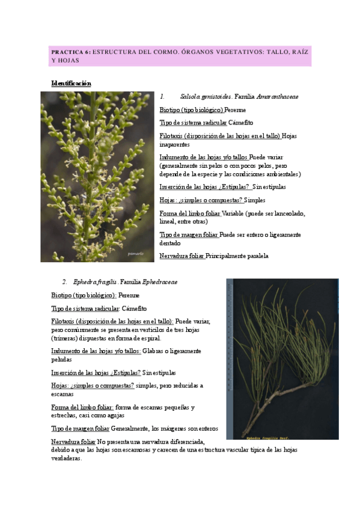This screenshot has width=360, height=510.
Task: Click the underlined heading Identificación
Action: click(x=71, y=83)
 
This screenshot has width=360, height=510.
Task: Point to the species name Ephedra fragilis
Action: click(x=96, y=281)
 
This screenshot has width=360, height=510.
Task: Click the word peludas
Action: click(x=63, y=360)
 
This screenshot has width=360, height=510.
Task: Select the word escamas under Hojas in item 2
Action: click(x=62, y=394)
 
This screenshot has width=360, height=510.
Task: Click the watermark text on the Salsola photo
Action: click(x=136, y=254)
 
